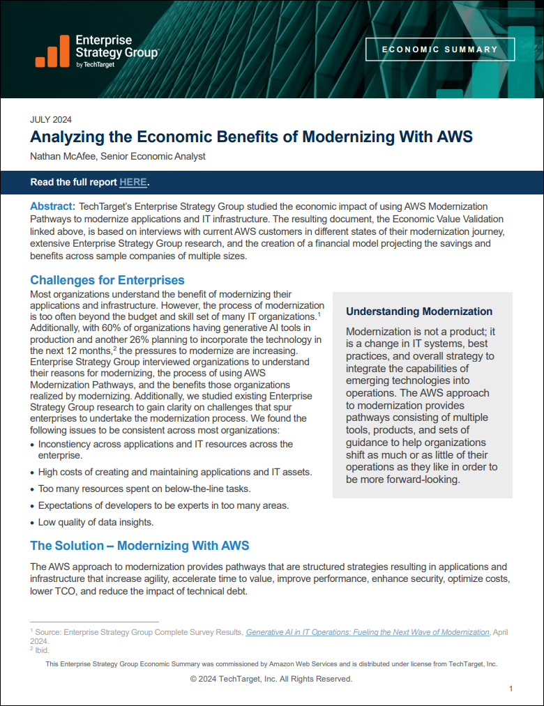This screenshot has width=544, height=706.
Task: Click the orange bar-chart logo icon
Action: (52, 52)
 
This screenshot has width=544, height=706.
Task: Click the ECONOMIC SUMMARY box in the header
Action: (440, 49)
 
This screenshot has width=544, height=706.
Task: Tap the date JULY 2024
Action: (51, 119)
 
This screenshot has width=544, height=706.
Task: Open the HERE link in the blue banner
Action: (133, 183)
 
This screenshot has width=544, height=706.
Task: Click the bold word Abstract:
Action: (52, 206)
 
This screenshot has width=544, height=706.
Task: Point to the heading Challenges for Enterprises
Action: (107, 280)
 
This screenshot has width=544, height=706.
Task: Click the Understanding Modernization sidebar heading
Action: (419, 312)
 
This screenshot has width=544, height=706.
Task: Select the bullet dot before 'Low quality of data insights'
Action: (32, 523)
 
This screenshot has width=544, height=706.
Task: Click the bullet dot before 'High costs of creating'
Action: (32, 473)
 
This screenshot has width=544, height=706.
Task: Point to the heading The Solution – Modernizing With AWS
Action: (139, 545)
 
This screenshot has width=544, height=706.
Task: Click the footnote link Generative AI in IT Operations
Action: (368, 632)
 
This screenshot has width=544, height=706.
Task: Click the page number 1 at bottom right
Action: (511, 689)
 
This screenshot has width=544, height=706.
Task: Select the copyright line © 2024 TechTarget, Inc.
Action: (271, 679)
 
